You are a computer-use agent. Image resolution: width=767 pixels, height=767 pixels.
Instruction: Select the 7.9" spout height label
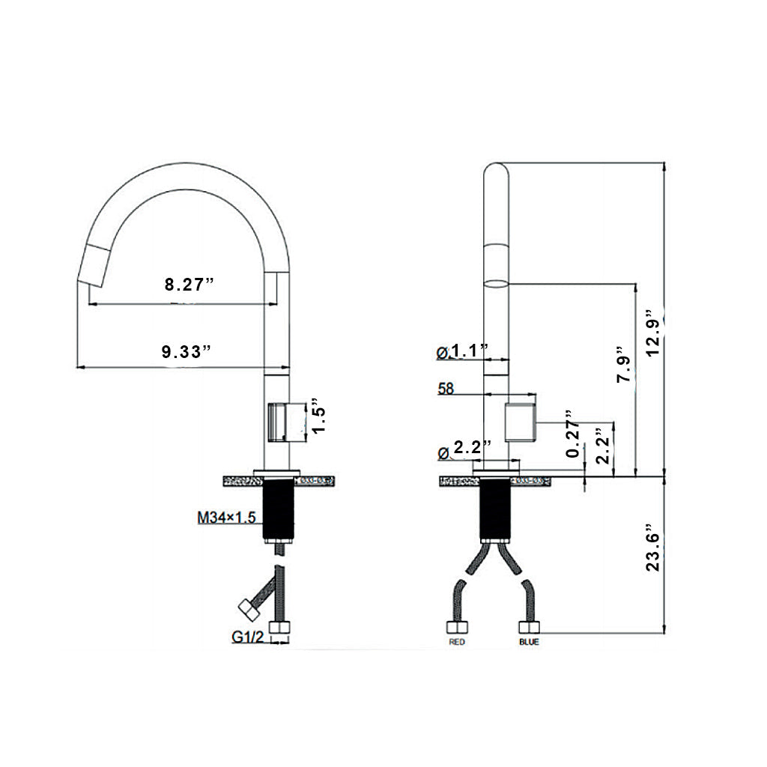point(622,365)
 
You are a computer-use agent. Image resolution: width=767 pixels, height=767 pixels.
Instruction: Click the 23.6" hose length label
point(652,548)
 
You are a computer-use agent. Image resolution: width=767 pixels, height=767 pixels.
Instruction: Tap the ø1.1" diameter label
point(462,350)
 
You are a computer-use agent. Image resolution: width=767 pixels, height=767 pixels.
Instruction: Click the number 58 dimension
point(445,389)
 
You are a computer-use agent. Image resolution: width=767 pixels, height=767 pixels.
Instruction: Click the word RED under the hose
point(457,643)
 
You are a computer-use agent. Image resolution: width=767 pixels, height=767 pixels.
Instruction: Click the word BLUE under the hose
point(528,643)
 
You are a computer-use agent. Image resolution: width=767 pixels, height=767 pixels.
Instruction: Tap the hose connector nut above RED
point(457,628)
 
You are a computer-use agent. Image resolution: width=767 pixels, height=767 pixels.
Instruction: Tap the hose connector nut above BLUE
point(528,628)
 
